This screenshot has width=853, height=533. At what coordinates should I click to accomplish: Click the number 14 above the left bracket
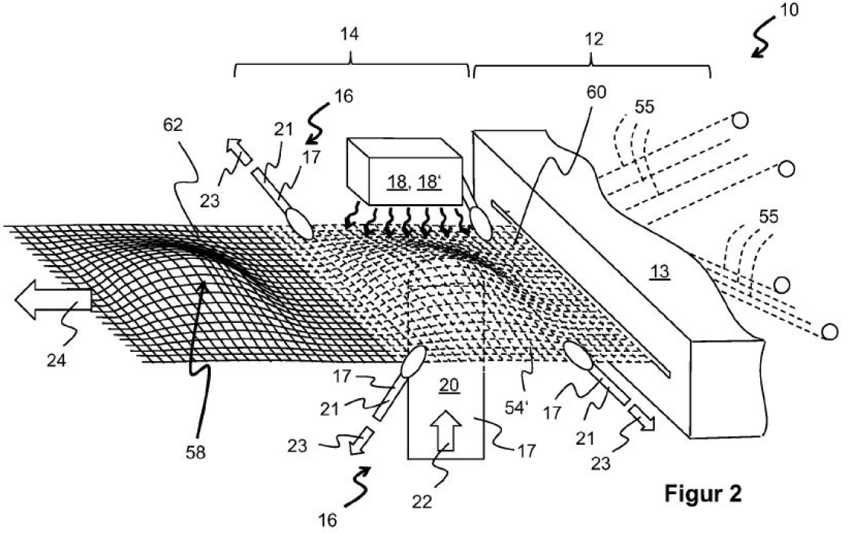pos(350,34)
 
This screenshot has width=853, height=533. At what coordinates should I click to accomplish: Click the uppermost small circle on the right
pos(739,120)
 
